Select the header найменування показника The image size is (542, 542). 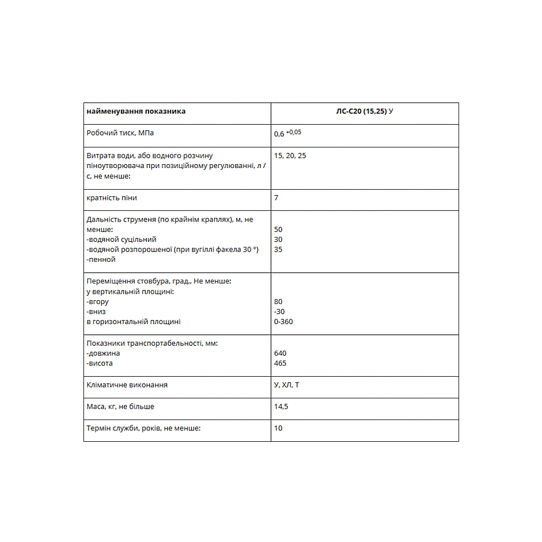(x=136, y=111)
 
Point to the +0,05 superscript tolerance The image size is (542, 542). (x=294, y=132)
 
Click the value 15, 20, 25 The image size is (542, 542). (x=290, y=156)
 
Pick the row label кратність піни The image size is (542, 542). (x=112, y=198)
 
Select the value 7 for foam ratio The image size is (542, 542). (x=276, y=198)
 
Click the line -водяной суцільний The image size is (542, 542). (x=121, y=239)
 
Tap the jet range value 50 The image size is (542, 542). (x=279, y=229)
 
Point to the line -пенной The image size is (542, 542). (x=101, y=259)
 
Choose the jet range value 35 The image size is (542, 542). (x=279, y=249)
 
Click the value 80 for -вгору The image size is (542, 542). (x=279, y=301)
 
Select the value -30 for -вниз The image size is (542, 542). (x=280, y=312)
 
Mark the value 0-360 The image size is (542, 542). (x=284, y=321)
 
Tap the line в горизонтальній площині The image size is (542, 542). (x=133, y=321)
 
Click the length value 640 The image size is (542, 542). (x=281, y=353)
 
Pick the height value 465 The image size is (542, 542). (x=281, y=363)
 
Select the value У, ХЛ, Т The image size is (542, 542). (x=287, y=385)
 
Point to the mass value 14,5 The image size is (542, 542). (x=281, y=406)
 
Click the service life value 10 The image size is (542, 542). (x=279, y=428)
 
